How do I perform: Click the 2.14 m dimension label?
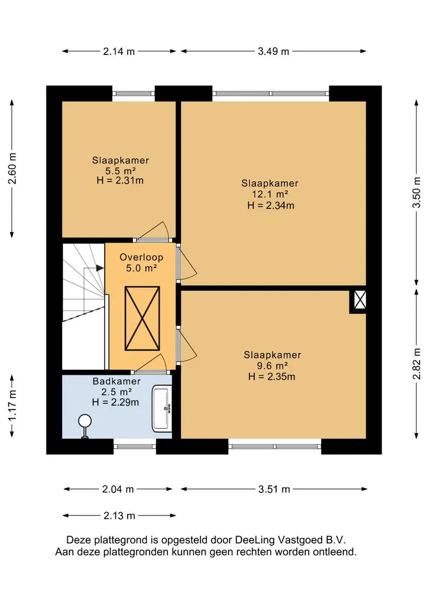click(119, 52)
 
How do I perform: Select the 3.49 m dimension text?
click(273, 52)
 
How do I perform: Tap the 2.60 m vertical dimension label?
click(12, 169)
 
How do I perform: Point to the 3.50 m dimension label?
click(416, 192)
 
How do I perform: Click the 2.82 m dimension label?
click(417, 364)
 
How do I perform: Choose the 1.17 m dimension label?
click(12, 406)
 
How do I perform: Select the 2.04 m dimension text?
click(118, 489)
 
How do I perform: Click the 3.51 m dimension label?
click(274, 489)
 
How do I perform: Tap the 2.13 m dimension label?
click(119, 515)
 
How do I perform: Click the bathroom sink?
click(162, 408)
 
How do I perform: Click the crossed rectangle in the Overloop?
click(142, 318)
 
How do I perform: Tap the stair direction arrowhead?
click(100, 268)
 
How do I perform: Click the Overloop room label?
click(141, 257)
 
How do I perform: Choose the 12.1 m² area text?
click(271, 194)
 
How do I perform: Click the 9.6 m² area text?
click(272, 366)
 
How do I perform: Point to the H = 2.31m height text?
click(120, 180)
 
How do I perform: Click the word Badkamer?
click(117, 381)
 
